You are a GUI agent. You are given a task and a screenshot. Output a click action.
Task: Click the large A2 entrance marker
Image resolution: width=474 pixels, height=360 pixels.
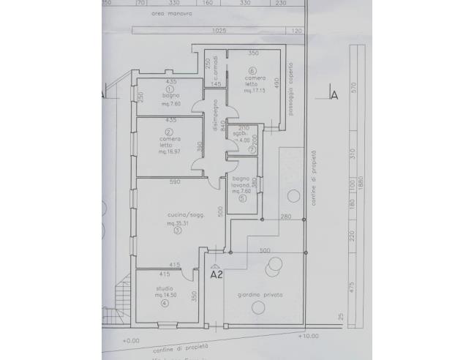[216, 276]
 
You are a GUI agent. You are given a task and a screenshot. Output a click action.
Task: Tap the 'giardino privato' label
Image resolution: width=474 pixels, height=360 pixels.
[260, 295]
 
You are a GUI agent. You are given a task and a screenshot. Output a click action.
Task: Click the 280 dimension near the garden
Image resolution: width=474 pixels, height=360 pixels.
[285, 217]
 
